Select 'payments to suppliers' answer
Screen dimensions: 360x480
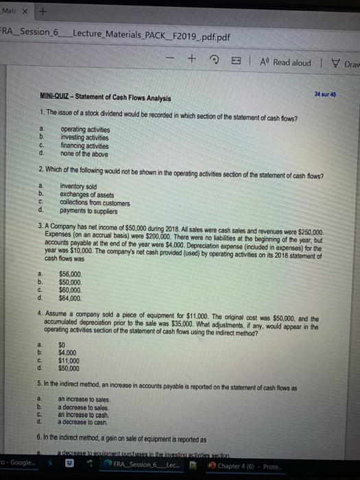[91, 210]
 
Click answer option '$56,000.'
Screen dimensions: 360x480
[71, 274]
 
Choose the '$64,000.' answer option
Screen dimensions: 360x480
[71, 298]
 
